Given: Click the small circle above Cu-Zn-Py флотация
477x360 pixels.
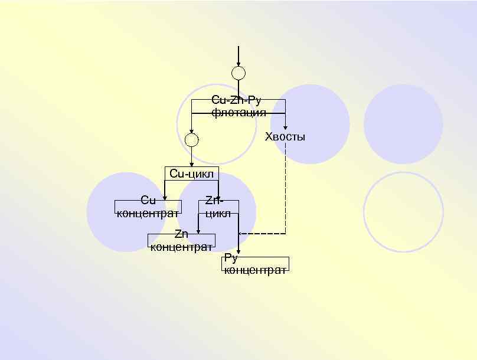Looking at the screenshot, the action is pyautogui.click(x=238, y=74).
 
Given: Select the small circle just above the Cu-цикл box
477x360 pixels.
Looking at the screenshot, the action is pyautogui.click(x=191, y=140).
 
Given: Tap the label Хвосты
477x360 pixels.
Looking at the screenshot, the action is pyautogui.click(x=285, y=138).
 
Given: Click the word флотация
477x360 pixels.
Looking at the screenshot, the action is pyautogui.click(x=238, y=112).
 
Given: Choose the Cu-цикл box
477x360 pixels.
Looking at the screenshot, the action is pyautogui.click(x=191, y=174).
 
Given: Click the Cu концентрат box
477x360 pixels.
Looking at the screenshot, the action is pyautogui.click(x=148, y=207).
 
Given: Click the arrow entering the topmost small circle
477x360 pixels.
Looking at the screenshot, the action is pyautogui.click(x=238, y=57).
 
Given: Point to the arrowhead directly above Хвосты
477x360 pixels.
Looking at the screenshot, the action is pyautogui.click(x=286, y=126).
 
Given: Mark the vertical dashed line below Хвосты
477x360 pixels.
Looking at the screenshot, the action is pyautogui.click(x=286, y=189).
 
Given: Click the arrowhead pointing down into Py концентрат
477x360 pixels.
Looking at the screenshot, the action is pyautogui.click(x=238, y=251).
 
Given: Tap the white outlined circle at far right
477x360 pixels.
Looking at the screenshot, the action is pyautogui.click(x=403, y=211).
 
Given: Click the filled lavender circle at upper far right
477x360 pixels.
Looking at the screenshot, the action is pyautogui.click(x=403, y=124).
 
